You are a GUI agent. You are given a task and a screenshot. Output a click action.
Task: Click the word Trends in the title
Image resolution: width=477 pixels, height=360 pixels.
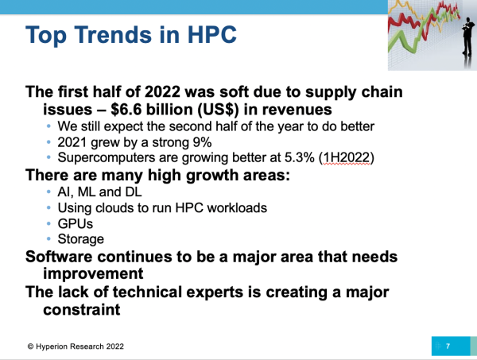pos(113,34)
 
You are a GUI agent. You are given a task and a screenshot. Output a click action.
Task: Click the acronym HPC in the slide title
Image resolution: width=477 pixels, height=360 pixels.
pos(211,34)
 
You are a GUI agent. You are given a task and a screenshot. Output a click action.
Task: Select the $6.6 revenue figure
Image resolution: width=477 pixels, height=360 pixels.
pos(126,110)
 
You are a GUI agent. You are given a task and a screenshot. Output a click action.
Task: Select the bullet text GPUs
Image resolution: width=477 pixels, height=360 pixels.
pos(76,224)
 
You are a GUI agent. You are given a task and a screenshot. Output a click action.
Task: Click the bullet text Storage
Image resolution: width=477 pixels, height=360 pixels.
pos(80,239)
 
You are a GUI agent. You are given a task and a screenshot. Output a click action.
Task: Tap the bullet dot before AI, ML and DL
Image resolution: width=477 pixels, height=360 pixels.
pos(48,192)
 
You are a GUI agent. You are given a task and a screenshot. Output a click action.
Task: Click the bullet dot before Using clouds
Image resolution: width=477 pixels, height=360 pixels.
pos(48,207)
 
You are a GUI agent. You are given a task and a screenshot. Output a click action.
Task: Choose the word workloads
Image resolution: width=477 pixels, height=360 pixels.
pos(237,208)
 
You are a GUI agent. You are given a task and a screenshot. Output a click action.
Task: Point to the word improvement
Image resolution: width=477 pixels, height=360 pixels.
pos(93,273)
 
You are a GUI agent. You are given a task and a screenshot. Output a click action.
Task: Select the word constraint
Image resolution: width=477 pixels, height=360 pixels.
pos(82,309)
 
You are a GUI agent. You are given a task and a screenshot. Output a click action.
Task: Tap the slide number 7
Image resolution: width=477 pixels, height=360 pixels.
pos(448,346)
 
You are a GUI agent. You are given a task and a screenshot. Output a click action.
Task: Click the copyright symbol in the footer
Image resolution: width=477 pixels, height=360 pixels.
pos(30,346)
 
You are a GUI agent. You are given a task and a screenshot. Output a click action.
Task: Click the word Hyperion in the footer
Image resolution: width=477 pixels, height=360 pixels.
pos(52,346)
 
